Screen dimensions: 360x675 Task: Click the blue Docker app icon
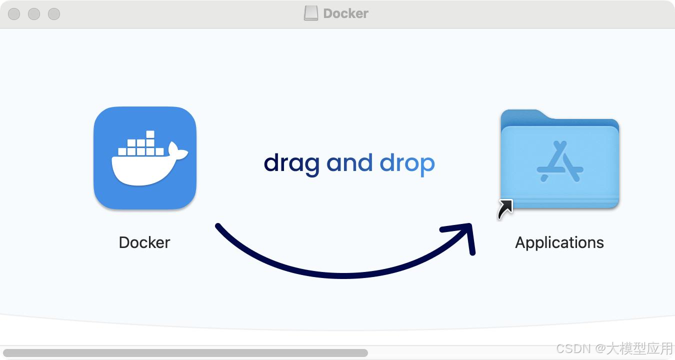point(144,157)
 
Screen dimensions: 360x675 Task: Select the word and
point(349,163)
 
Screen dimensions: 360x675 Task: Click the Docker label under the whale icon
point(144,242)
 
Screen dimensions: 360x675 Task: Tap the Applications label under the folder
point(559,242)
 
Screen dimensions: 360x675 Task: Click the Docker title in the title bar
point(346,13)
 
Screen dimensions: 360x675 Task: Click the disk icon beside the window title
point(310,13)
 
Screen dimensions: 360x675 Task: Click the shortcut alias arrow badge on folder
point(505,209)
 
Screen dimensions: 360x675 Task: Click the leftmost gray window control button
point(14,14)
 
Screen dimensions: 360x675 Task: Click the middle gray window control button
point(34,14)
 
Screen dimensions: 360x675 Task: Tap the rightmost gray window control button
point(54,14)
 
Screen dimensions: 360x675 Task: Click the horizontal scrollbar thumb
point(185,353)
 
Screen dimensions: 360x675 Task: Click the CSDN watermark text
point(614,348)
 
